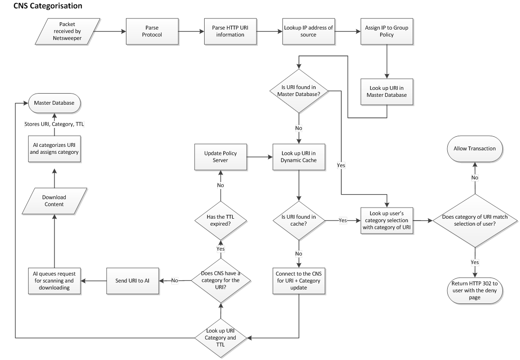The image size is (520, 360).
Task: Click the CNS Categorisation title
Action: pos(48,6)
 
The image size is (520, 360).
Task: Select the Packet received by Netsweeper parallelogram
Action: pos(67,31)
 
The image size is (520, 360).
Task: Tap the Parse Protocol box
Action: pos(152,31)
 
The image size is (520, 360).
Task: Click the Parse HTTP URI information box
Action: pos(230,31)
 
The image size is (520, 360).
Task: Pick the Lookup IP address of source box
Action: pos(308,31)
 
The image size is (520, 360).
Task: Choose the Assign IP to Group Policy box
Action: pos(387,31)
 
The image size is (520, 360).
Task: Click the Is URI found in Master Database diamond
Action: pos(299,91)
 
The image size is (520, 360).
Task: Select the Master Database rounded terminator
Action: pos(54,103)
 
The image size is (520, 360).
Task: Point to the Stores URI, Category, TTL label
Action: pos(54,124)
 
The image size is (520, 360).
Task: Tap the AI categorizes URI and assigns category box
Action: pos(54,149)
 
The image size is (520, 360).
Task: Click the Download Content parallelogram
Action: pos(54,201)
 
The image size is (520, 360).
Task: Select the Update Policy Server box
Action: pos(220,157)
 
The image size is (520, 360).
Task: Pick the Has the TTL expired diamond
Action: pos(220,221)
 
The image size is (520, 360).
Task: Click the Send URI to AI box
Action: pos(132,281)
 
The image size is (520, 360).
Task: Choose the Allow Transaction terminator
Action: pos(475,149)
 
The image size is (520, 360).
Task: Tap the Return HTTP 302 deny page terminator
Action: pos(475,291)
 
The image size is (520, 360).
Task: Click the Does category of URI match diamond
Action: pos(475,221)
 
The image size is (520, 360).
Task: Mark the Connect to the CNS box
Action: pos(299,281)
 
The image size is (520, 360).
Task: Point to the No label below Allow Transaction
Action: pos(475,177)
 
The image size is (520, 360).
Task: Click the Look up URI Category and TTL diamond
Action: pos(220,338)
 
